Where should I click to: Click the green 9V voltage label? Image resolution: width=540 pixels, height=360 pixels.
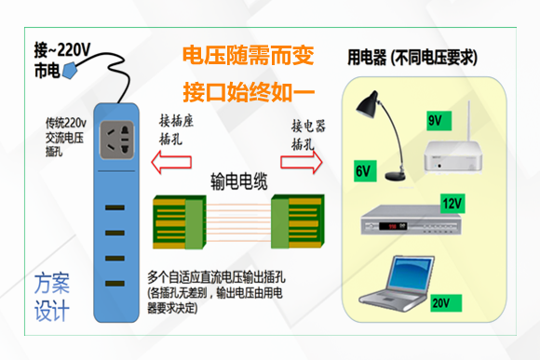click(x=439, y=121)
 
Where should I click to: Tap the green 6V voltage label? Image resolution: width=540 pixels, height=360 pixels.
click(x=365, y=171)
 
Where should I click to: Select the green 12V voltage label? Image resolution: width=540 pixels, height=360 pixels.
click(x=452, y=204)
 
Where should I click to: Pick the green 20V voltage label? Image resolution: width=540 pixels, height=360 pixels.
click(x=446, y=303)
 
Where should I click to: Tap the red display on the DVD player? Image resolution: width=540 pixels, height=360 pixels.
click(x=393, y=226)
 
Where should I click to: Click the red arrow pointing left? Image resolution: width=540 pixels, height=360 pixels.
click(x=171, y=162)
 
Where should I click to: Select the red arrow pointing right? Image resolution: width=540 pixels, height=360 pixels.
click(x=302, y=162)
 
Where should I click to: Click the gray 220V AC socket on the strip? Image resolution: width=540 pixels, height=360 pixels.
click(x=116, y=140)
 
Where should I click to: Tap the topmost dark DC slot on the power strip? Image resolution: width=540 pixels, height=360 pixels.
click(x=115, y=207)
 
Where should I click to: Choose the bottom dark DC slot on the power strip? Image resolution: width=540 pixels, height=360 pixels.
click(x=115, y=284)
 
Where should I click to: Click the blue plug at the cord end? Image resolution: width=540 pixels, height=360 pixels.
click(x=69, y=71)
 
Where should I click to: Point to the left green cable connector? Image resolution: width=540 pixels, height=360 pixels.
click(x=179, y=222)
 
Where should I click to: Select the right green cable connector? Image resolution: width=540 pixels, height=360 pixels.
click(x=298, y=221)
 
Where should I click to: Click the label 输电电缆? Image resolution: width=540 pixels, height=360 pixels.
click(x=239, y=181)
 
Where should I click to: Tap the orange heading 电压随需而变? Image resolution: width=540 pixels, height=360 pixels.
click(x=248, y=56)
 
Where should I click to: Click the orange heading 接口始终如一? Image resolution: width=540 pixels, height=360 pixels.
click(x=249, y=92)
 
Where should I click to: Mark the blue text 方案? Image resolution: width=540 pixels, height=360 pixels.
click(x=52, y=283)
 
